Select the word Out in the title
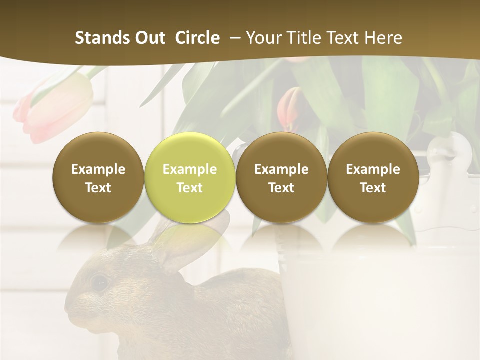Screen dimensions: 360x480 pos(149,38)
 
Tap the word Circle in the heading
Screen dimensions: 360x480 pos(197,38)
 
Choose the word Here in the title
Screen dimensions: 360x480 pos(383,38)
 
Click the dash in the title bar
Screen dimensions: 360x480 pos(233,38)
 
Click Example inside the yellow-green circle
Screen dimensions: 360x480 pos(190,169)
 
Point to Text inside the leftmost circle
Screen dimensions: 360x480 pos(98,188)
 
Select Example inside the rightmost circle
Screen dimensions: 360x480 pos(373,169)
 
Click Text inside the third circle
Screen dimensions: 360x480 pos(281,188)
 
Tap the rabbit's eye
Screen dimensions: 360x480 pos(100,283)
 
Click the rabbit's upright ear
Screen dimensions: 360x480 pos(165,245)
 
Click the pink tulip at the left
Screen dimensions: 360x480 pos(55,107)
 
